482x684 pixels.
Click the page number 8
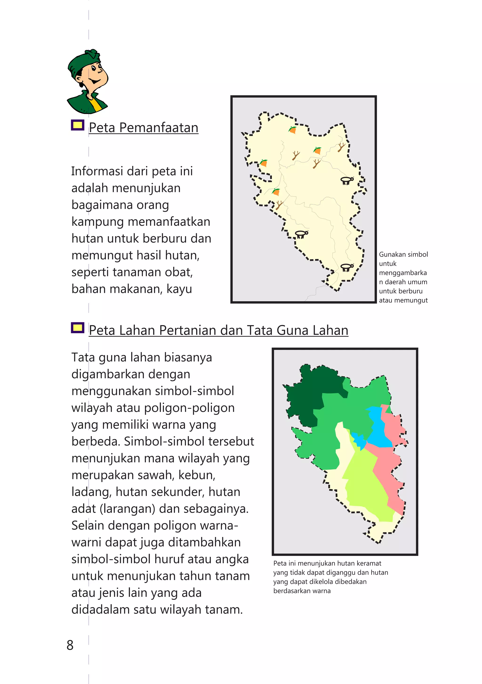click(70, 645)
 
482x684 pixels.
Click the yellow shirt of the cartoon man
click(95, 104)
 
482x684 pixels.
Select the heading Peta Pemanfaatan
click(144, 128)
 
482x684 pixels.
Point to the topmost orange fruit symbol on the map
click(293, 130)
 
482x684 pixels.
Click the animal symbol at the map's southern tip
click(347, 267)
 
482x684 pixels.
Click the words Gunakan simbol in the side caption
click(403, 254)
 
